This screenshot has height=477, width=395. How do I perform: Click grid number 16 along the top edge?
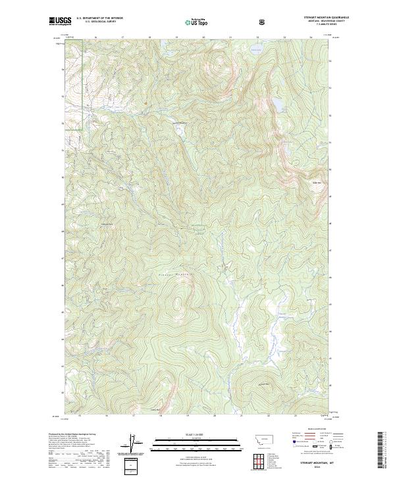[95, 38]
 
